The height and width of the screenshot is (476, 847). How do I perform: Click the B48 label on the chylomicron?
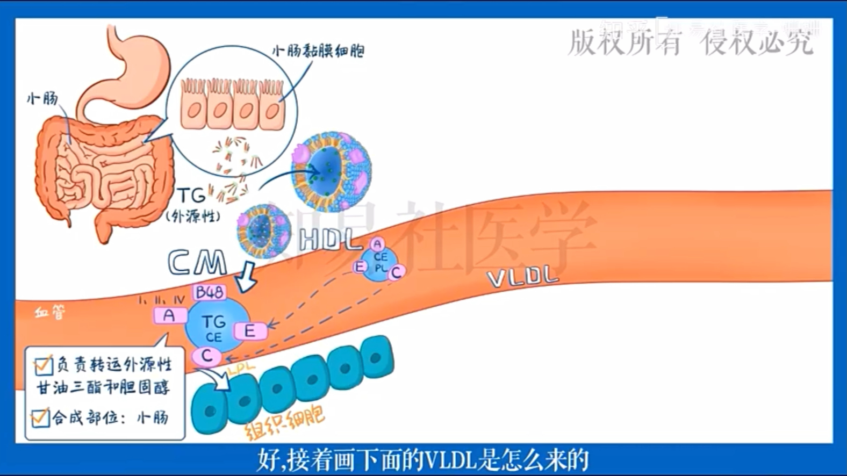click(209, 292)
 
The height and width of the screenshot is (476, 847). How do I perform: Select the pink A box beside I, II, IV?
click(169, 315)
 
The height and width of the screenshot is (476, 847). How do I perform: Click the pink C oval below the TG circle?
click(207, 356)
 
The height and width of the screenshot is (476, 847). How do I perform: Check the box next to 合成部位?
click(40, 417)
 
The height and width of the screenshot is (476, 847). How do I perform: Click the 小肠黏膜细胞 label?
click(318, 52)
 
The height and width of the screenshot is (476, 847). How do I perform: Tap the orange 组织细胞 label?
click(285, 422)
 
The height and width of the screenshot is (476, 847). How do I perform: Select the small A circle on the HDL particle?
click(377, 244)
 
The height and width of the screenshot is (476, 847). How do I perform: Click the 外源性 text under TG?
click(193, 216)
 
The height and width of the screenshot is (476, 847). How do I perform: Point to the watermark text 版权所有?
click(625, 42)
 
